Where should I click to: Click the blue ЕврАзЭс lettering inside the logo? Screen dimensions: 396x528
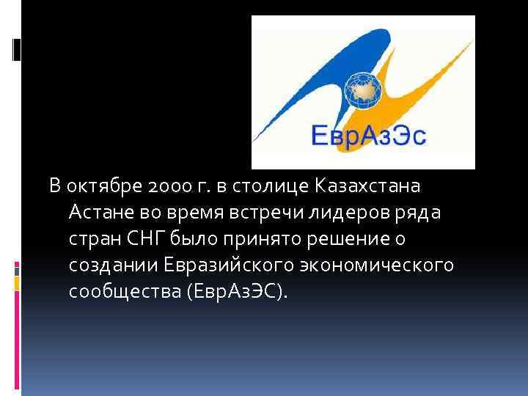click(x=364, y=137)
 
